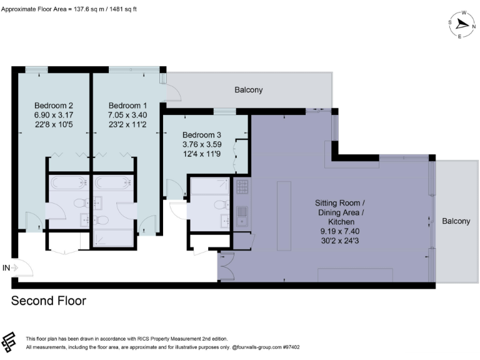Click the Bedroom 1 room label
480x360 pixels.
point(127,105)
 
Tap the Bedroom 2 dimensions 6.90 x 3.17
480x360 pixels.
point(54,114)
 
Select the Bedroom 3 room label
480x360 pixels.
point(202,135)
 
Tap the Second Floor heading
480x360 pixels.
point(49,301)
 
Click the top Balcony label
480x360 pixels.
point(249,90)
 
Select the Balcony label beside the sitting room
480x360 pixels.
point(456,221)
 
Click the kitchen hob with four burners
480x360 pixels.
point(241,186)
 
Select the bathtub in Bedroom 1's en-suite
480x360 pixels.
point(113,183)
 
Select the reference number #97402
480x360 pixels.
point(291,347)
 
